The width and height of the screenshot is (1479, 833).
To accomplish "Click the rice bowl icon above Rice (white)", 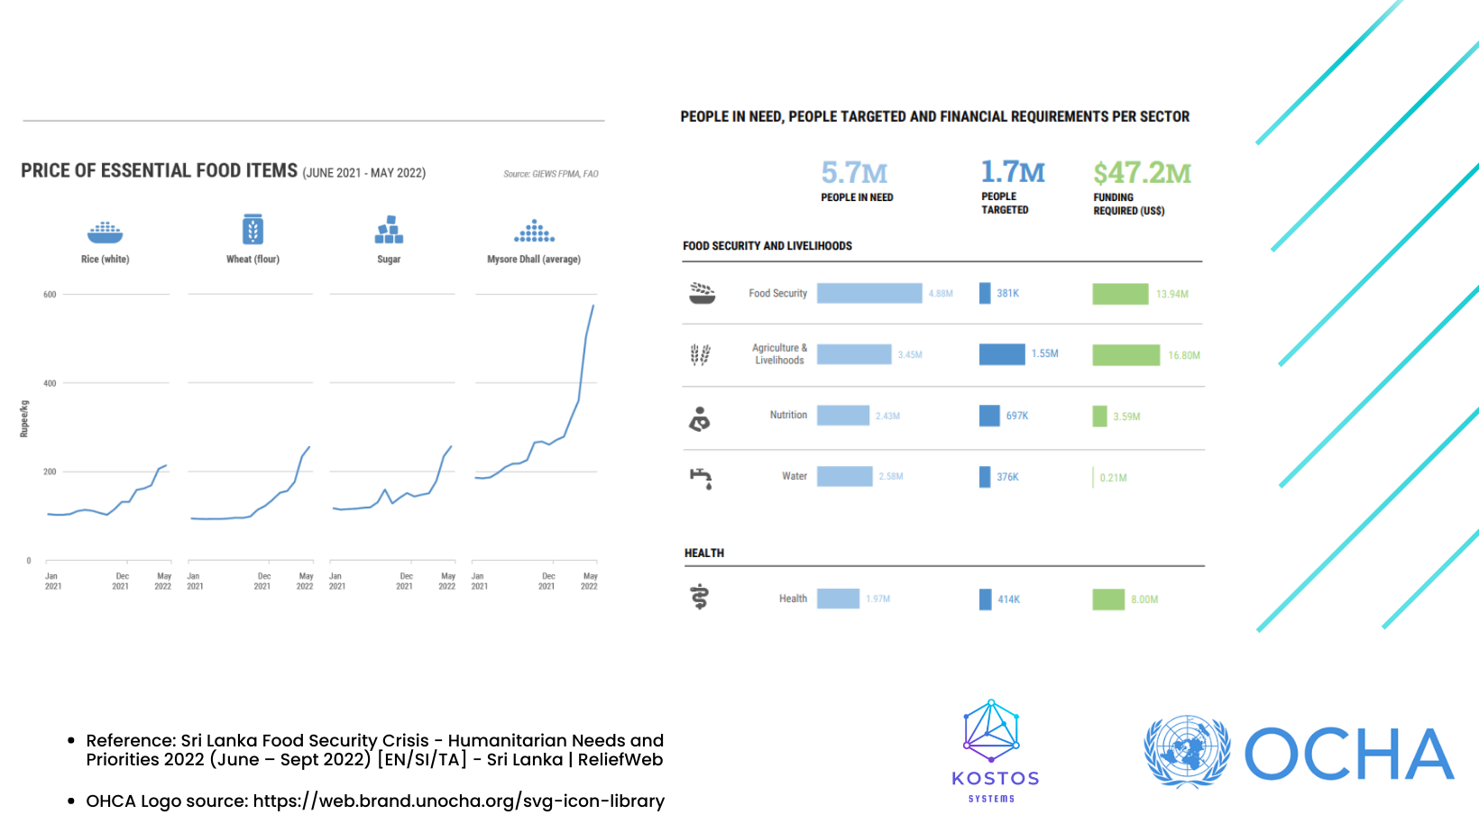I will [x=105, y=232].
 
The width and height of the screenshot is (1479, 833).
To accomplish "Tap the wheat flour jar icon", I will [x=253, y=230].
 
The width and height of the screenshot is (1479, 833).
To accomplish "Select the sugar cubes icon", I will [x=389, y=230].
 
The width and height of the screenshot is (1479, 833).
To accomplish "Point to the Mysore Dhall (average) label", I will [x=533, y=259].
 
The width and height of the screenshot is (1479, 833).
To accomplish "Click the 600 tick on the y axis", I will [x=50, y=295].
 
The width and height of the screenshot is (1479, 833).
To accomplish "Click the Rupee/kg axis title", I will [x=24, y=419].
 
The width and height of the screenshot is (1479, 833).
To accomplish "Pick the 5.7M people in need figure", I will [x=854, y=172].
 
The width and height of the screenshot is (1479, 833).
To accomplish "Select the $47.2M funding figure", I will [x=1142, y=172].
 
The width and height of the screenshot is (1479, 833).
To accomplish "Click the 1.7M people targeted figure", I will [x=1012, y=171].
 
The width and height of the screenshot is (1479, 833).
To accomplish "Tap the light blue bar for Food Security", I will [x=869, y=293].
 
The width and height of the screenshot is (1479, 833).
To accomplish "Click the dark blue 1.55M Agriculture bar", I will [x=1002, y=354].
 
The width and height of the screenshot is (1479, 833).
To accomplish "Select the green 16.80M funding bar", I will [x=1125, y=355].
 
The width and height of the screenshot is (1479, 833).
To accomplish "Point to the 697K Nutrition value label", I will [x=1016, y=416].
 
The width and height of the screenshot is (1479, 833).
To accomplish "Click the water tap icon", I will [x=701, y=478].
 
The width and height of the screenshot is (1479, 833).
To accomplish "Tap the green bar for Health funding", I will [x=1108, y=600].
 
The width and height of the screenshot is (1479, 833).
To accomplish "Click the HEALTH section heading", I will [x=703, y=553].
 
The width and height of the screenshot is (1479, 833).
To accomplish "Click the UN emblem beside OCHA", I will [x=1187, y=752].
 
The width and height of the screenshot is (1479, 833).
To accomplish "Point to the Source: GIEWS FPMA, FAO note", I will [x=550, y=174].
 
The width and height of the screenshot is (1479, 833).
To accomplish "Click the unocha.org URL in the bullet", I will [x=458, y=801].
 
